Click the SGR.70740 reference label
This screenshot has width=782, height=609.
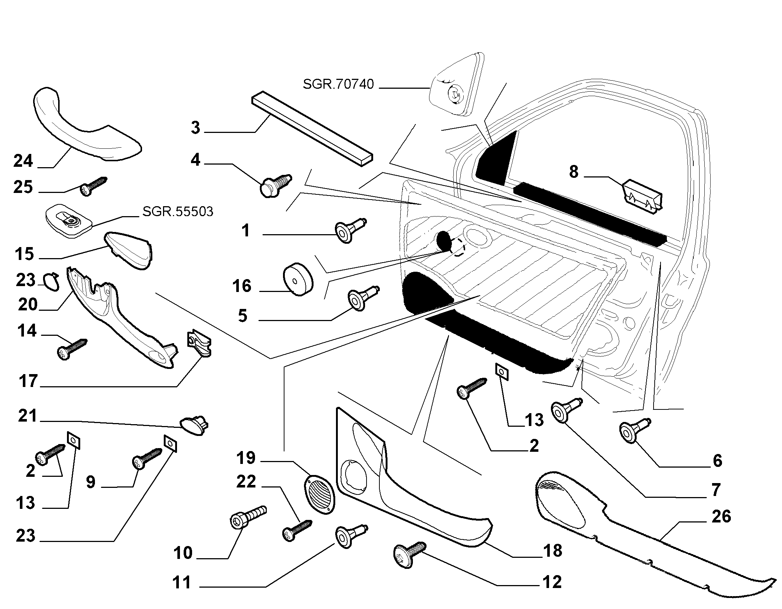coord(338,84)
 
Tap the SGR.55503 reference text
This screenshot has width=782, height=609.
coord(177,212)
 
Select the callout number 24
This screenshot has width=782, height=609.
coord(23,161)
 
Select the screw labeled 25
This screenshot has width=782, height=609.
coord(93,186)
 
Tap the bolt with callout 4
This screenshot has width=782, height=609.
coord(276,185)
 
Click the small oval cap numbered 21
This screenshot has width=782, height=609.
coord(194,425)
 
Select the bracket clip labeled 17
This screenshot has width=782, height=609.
coord(199,344)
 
